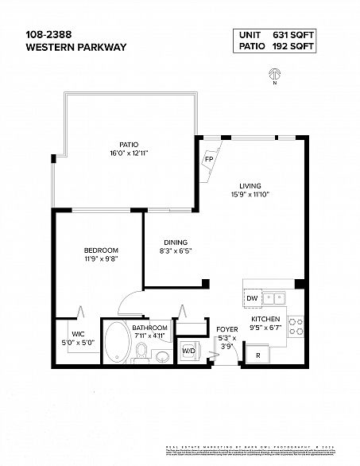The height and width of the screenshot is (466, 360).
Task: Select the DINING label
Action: pos(174,243)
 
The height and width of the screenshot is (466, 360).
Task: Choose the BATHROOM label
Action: pos(149,328)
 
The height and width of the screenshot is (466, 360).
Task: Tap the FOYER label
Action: pos(227,328)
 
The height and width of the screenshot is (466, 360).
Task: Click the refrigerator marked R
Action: pos(257,355)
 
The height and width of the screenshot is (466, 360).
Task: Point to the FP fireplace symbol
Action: pos(210,158)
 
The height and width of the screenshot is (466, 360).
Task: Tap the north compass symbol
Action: pos(274,73)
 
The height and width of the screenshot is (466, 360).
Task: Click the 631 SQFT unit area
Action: pos(294,34)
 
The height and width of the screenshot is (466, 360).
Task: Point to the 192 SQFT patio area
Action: pos(294,47)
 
